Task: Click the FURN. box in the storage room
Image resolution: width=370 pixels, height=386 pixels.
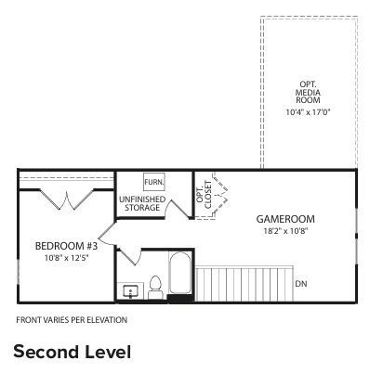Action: (x=153, y=183)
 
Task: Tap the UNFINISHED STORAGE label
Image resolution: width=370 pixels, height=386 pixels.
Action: (x=142, y=204)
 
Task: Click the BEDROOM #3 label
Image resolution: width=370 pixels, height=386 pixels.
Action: (x=62, y=246)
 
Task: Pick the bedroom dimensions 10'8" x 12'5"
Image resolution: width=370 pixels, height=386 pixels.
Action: (x=62, y=258)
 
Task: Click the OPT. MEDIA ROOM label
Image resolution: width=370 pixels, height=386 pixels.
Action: (x=308, y=90)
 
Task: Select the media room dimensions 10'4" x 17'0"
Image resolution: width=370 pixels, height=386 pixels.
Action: (x=308, y=113)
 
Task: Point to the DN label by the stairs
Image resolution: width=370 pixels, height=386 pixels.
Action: (x=300, y=283)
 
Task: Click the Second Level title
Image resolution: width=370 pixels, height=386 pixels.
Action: (x=72, y=353)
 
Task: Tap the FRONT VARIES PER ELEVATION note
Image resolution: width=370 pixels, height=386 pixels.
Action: (x=72, y=320)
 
